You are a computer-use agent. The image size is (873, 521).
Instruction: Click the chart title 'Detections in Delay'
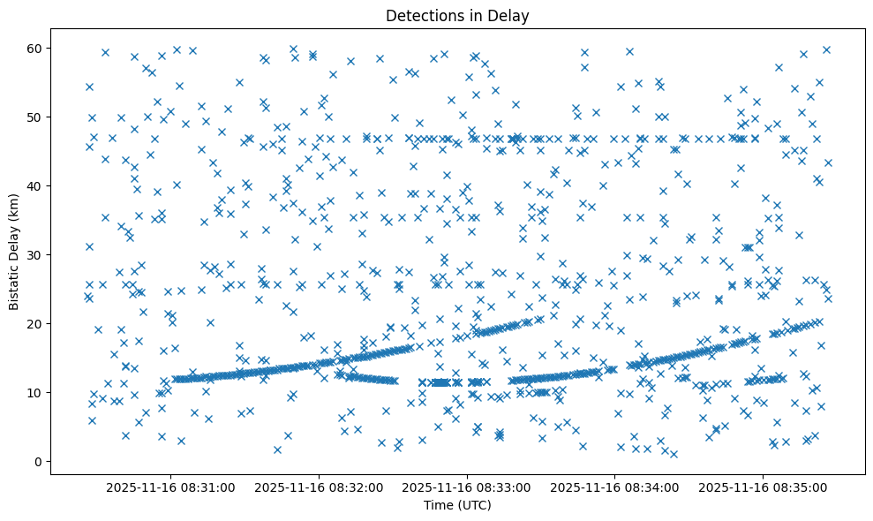click(x=457, y=15)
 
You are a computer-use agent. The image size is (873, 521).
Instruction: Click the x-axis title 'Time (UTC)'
click(x=457, y=506)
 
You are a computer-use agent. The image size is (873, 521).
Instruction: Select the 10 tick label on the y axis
click(x=36, y=392)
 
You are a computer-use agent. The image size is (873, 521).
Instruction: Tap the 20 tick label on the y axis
click(x=36, y=323)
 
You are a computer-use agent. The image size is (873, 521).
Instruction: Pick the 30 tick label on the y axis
click(x=36, y=254)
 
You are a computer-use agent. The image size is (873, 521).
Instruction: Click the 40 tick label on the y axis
click(x=36, y=185)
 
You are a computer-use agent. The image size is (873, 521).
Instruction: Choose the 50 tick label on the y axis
click(x=36, y=117)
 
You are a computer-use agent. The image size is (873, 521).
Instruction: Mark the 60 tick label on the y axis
click(x=36, y=48)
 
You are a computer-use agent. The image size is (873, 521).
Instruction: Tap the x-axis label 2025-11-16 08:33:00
click(x=468, y=487)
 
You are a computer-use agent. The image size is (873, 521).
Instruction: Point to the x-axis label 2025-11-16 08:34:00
click(x=616, y=487)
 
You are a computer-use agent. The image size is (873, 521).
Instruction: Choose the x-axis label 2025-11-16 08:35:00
click(x=764, y=487)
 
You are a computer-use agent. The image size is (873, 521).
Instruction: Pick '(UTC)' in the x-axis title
click(x=473, y=506)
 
